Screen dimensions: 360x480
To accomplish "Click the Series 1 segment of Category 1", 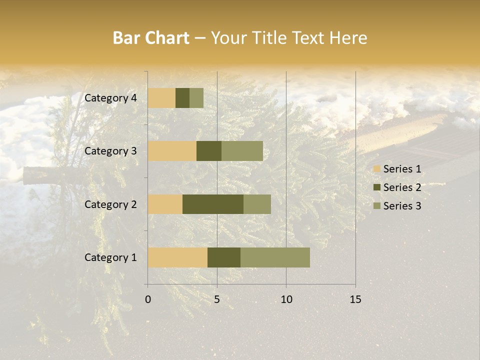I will pos(177,257).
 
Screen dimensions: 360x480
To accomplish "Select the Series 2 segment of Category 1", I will pos(224,257).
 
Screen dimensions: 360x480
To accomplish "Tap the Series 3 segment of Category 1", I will pos(275,257).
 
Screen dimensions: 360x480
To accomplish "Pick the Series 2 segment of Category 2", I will pos(213,204).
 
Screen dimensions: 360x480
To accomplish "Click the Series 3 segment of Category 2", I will pos(257,204).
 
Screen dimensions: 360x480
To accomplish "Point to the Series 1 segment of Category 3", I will pos(172,151).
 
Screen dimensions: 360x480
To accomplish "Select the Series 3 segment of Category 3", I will pos(242,151).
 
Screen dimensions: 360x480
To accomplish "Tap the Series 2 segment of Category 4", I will pos(182,98).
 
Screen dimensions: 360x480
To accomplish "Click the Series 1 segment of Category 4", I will pos(161,98).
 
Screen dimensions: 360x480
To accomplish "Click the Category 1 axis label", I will pos(110,257).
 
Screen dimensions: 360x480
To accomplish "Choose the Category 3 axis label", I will pos(110,151).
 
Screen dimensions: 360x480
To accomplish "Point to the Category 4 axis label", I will pos(110,98).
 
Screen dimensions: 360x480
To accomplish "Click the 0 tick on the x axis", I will pos(148,299).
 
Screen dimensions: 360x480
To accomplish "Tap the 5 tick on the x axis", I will pos(217,299).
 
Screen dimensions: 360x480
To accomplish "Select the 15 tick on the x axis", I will pos(355,299).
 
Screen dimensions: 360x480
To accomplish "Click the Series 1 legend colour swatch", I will pos(376,169).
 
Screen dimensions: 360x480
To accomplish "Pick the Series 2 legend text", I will pos(402,187).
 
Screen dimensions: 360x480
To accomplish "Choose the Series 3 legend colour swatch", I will pos(376,206).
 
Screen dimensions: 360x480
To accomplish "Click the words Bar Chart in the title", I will pos(151,38).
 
